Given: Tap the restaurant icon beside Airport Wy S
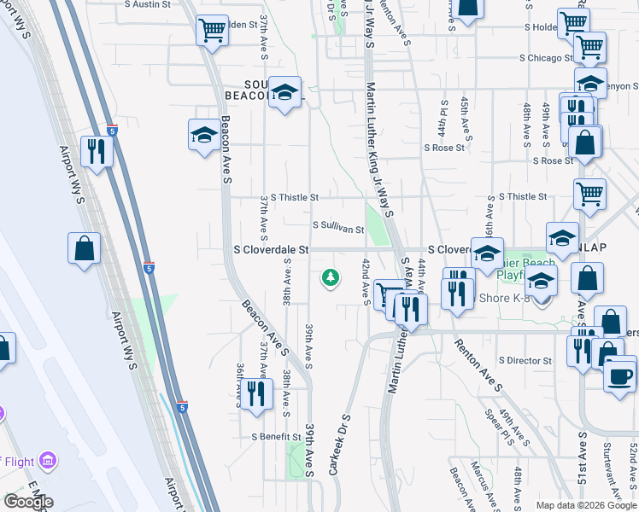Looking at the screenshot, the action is (96, 152).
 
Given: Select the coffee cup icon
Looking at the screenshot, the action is (620, 375).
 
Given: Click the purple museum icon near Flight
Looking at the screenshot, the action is (48, 462).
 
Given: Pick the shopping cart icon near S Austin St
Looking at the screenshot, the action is (211, 31).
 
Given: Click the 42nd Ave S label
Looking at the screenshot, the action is (366, 282).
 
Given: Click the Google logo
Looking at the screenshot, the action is (29, 502).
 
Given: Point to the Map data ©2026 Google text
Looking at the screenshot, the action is (585, 505).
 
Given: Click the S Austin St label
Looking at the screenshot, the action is (148, 4).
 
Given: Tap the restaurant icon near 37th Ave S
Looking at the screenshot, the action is (255, 394).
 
